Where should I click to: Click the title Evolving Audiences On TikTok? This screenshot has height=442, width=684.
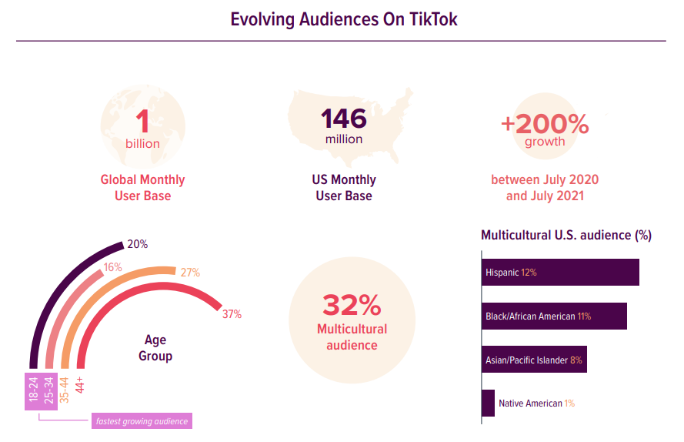point(344,19)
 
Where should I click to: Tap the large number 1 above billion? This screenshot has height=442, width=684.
point(142,122)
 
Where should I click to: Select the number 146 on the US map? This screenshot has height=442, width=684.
point(343,119)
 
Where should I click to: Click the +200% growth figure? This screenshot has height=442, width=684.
point(545,124)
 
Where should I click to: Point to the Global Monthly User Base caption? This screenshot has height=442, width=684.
point(142,188)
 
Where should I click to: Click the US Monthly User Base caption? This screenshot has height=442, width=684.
point(343,188)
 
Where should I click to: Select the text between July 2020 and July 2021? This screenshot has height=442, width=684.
point(545,188)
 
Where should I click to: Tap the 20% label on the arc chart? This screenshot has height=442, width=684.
point(138,244)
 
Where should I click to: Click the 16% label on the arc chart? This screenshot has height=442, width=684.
point(113,266)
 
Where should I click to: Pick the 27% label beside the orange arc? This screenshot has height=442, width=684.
point(190,273)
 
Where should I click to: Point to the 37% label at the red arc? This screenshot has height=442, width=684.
point(232,314)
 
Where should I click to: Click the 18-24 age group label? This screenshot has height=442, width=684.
point(32,390)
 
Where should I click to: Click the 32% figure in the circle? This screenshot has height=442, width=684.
point(352,305)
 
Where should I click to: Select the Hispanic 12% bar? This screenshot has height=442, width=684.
point(561,273)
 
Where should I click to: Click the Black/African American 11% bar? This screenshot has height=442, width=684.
point(555,316)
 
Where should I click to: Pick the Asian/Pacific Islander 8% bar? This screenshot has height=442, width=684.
point(535,360)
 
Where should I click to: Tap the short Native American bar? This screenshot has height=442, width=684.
point(488,403)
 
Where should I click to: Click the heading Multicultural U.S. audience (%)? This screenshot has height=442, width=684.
point(566,236)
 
